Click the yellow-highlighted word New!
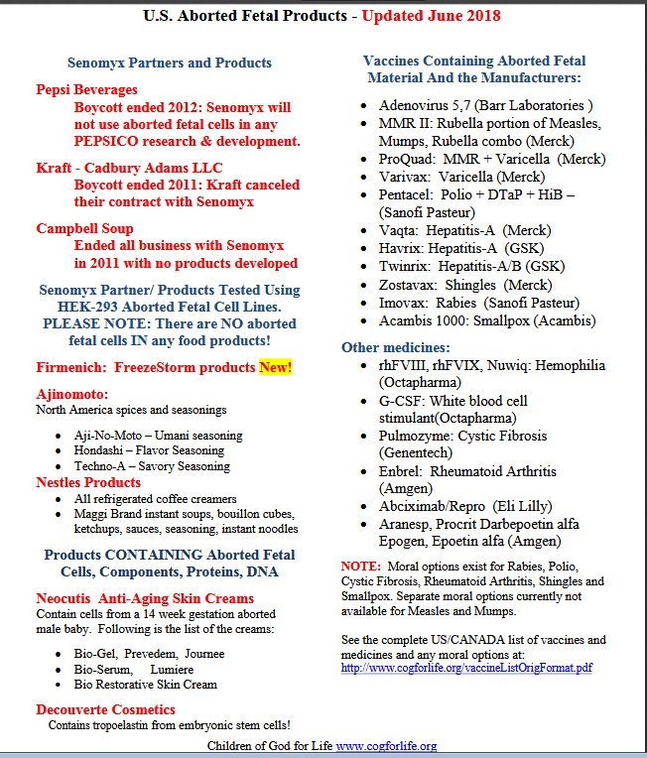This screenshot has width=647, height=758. [275, 368]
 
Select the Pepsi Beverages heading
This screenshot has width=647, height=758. [87, 89]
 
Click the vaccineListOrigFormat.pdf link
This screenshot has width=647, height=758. [466, 668]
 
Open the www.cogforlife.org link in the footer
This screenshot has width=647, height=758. [386, 746]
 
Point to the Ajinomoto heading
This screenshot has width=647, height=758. [72, 394]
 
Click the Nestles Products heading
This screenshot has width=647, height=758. [89, 482]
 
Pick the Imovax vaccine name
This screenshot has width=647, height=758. [403, 303]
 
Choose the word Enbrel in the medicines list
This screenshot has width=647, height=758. [400, 471]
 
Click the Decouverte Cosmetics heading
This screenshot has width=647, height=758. [106, 709]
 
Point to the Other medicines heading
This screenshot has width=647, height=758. [396, 347]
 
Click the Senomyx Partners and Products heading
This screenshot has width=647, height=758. [170, 63]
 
